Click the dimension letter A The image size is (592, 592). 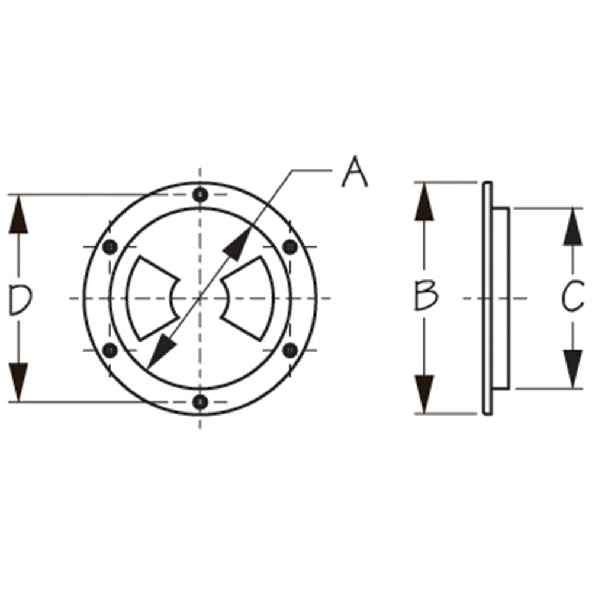point(355,172)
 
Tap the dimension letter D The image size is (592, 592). point(20,300)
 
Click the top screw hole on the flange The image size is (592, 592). point(200,195)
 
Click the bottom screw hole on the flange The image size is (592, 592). point(200,402)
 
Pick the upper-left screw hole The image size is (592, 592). point(110,246)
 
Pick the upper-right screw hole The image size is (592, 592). point(290,246)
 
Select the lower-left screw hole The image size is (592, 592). point(110,350)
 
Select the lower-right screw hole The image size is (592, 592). point(290,350)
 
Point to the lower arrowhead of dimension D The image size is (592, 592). point(20,382)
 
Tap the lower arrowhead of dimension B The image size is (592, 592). point(424,394)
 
